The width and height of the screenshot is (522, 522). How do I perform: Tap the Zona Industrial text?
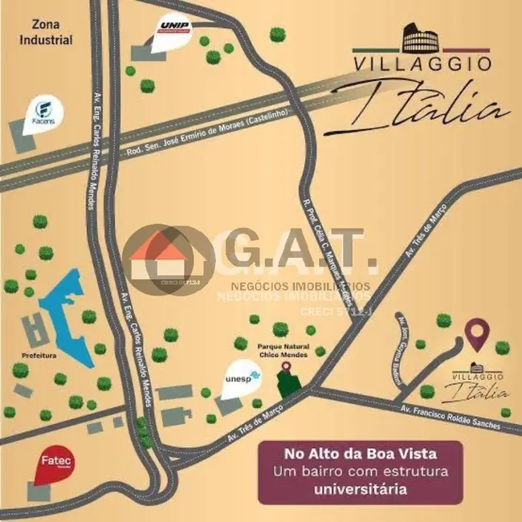[47, 32]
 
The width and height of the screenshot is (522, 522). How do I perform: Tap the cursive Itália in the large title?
[426, 108]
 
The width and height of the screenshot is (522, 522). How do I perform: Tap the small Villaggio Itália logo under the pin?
[478, 384]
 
